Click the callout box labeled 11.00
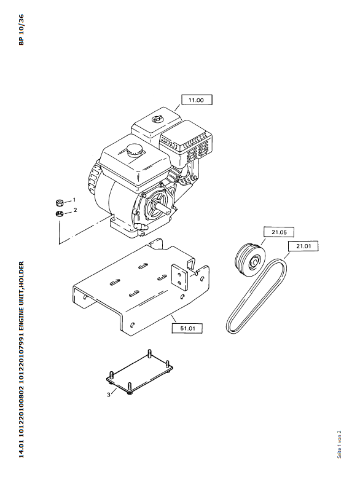coord(197,100)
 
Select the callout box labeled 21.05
coord(279,232)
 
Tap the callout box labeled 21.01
coord(303,246)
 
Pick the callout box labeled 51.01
coord(187,328)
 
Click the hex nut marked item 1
coord(60,203)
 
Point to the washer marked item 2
coord(60,214)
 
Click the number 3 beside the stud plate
coord(109,395)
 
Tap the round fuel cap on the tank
coord(134,151)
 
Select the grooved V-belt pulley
coord(250,260)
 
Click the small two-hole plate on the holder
coord(179,277)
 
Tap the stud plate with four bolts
coord(140,372)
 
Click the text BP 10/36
coord(21,30)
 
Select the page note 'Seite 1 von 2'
coord(339,444)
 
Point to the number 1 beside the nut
coord(74,200)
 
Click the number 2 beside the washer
coord(75,210)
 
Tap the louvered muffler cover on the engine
coord(186,143)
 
